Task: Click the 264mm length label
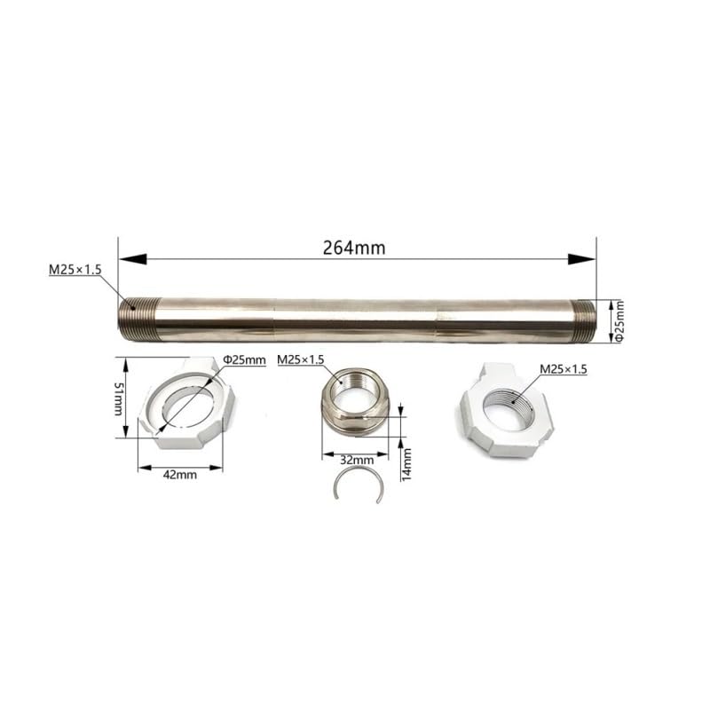click(354, 248)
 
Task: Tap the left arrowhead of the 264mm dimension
click(132, 259)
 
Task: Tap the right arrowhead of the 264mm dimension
click(582, 259)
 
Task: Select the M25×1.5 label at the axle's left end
click(75, 270)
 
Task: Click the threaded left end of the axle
click(139, 319)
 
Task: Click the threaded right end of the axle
click(583, 321)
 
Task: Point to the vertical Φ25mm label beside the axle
click(619, 321)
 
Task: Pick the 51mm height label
click(119, 398)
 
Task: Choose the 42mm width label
click(180, 475)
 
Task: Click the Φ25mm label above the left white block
click(244, 360)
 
